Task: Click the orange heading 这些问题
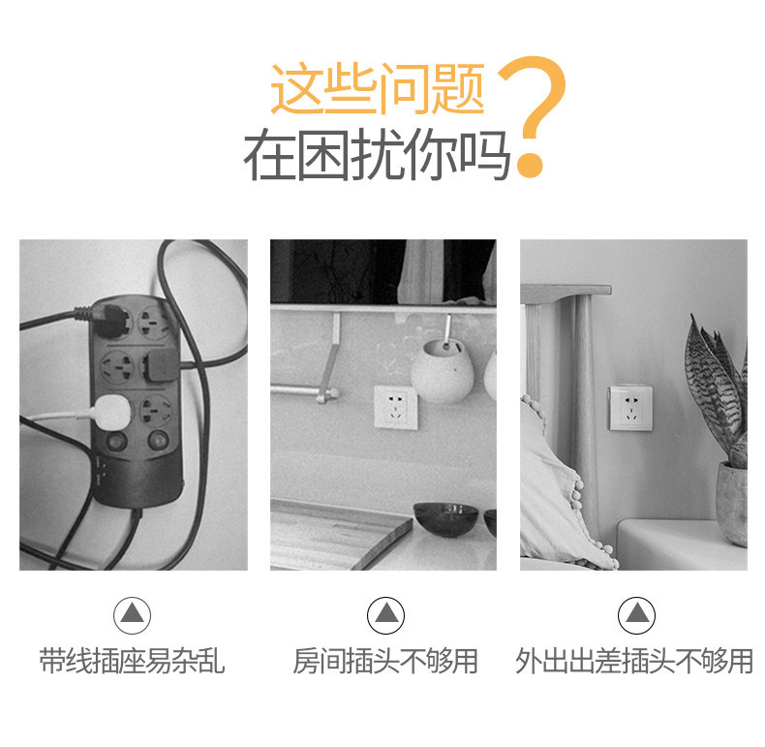click(378, 88)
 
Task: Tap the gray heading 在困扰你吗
click(377, 155)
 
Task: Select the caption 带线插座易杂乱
click(132, 661)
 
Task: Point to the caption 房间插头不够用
click(385, 661)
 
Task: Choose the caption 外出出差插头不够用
click(634, 661)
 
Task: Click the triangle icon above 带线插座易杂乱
click(133, 615)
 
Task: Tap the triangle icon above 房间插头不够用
click(386, 615)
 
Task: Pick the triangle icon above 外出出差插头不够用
click(636, 615)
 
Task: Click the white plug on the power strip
click(111, 413)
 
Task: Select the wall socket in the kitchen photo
click(396, 408)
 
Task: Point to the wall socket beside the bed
click(630, 408)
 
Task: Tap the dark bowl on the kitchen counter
click(445, 518)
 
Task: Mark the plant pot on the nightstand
click(732, 504)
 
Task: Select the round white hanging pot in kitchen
click(442, 371)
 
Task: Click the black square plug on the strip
click(161, 365)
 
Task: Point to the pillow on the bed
click(561, 493)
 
